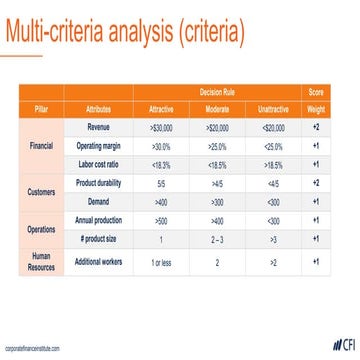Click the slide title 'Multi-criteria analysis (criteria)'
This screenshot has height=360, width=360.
[124, 32]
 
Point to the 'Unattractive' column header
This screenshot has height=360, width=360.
[273, 107]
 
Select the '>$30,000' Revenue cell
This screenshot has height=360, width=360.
[160, 127]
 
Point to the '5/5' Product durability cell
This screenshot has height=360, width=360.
[160, 183]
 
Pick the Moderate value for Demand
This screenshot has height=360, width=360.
[216, 201]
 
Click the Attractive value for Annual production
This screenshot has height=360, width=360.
[160, 221]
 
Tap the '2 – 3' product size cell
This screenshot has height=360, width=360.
[216, 240]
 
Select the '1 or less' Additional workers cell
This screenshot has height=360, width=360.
[160, 262]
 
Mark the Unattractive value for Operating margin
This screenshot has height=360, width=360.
[273, 146]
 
